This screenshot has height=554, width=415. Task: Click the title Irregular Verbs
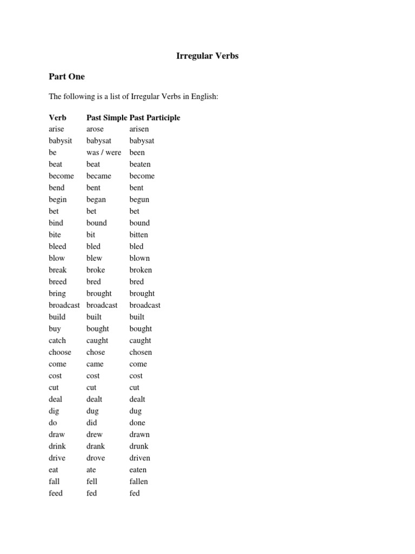pos(207,56)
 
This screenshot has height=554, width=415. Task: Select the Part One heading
pos(66,76)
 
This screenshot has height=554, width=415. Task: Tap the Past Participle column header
pos(155,117)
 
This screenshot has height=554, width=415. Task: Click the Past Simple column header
pos(107,117)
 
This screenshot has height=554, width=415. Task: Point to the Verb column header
pos(58,117)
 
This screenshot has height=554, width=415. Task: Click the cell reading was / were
pos(104,153)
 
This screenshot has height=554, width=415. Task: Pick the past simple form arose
pos(95,129)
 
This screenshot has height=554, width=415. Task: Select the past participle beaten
pos(140,164)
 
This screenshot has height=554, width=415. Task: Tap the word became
pos(99,176)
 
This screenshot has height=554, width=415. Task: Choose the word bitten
pos(138,235)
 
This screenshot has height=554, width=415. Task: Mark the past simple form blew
pos(94,258)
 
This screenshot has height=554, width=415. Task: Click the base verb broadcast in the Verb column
pos(64,305)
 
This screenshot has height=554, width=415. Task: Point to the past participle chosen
pos(140,352)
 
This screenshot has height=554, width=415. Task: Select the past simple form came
pos(95,364)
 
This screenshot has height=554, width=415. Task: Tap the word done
pos(137,423)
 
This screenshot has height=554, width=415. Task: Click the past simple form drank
pos(96,446)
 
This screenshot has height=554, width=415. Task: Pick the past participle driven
pos(140,458)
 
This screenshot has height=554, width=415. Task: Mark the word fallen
pos(138,482)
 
